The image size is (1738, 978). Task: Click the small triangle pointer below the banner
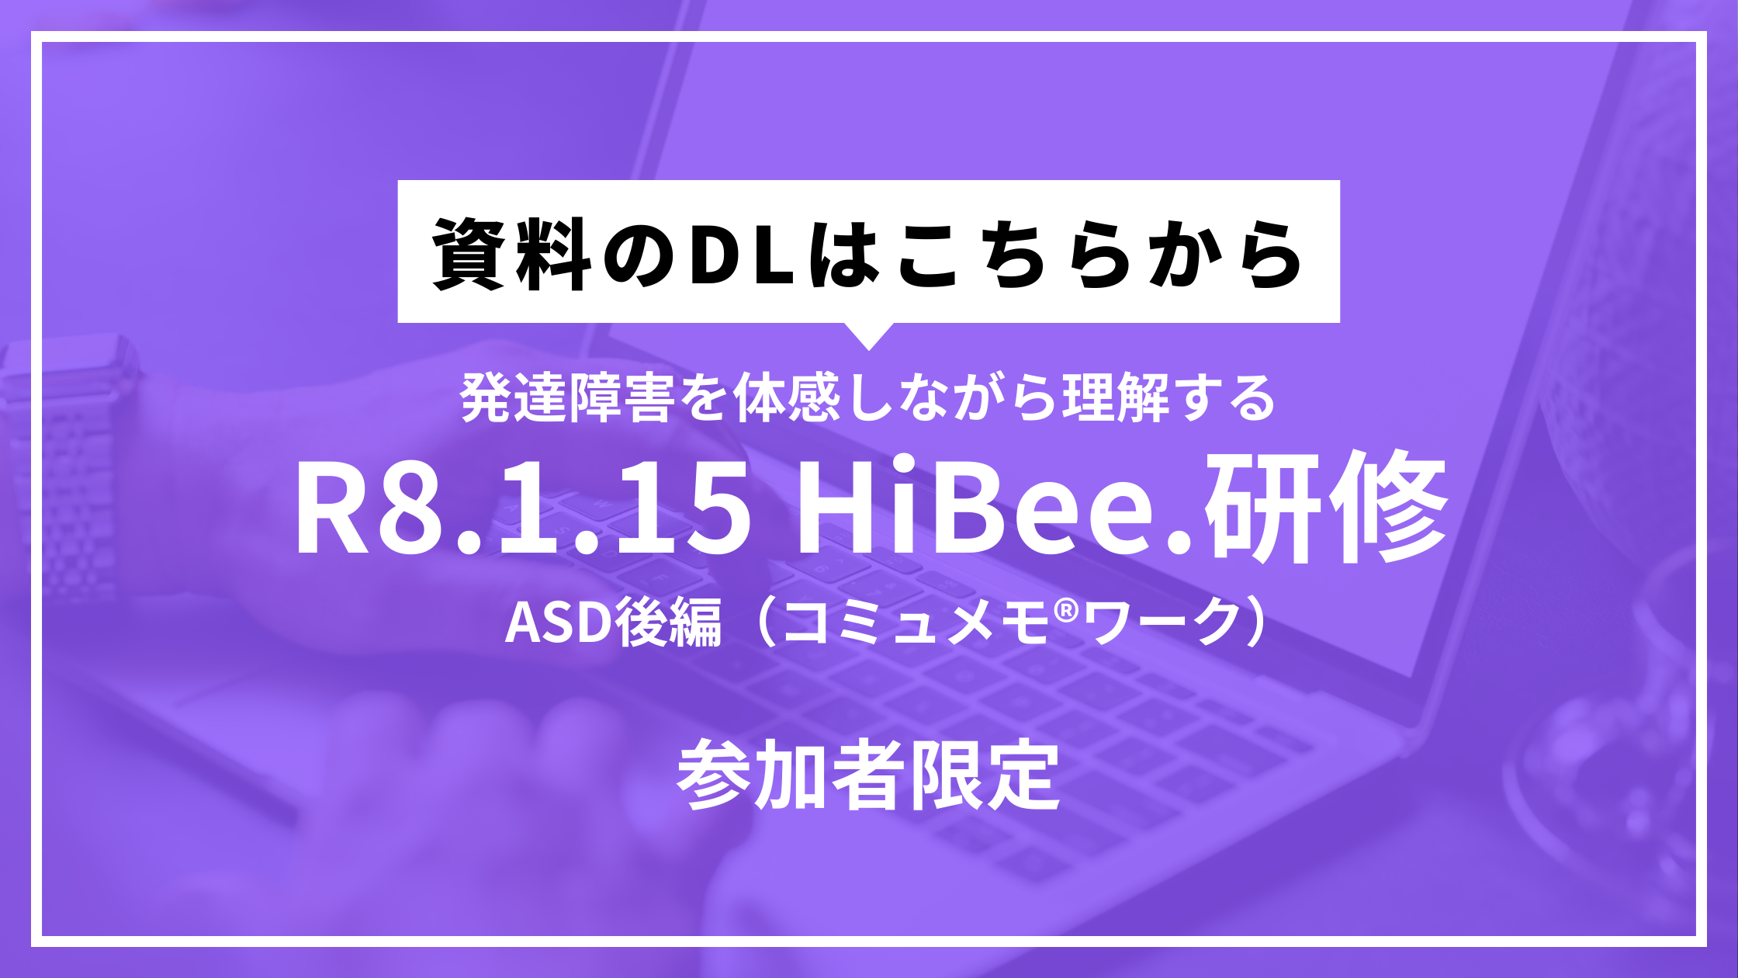[869, 335]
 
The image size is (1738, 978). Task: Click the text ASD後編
[613, 623]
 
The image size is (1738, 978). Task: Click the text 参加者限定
[869, 775]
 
